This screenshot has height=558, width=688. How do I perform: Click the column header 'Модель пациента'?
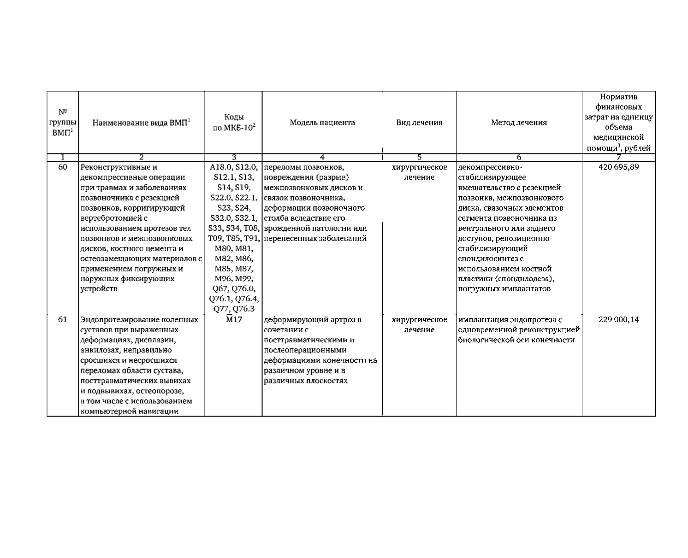(x=322, y=123)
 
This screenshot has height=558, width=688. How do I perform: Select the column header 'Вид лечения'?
(x=419, y=123)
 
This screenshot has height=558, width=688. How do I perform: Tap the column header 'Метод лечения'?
(x=519, y=123)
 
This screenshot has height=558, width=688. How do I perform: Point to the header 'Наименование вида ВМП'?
(x=141, y=123)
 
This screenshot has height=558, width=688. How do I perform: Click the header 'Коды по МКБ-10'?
(x=233, y=123)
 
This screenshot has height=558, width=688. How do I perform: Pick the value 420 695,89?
(x=618, y=167)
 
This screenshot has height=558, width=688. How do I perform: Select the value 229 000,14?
(x=618, y=320)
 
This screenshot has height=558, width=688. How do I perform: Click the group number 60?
(x=63, y=167)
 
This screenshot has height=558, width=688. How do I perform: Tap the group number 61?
(x=63, y=320)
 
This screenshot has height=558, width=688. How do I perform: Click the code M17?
(x=233, y=320)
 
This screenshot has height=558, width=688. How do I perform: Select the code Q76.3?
(x=247, y=309)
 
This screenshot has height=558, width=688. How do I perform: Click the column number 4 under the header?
(x=322, y=157)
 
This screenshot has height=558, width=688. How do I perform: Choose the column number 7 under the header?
(x=618, y=157)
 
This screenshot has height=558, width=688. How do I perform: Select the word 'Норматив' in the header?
(x=618, y=97)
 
